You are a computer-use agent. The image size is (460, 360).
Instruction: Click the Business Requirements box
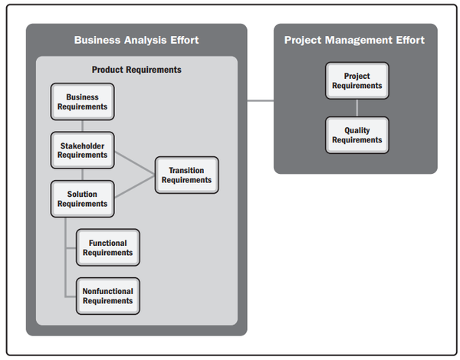[83, 101]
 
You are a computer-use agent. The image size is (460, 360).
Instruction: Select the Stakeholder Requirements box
[83, 150]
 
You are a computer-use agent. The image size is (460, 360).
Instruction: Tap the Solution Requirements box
[83, 198]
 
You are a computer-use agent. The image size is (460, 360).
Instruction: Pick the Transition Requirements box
[187, 175]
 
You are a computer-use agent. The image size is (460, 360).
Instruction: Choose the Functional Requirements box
[108, 247]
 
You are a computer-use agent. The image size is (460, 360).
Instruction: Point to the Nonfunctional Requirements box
[108, 296]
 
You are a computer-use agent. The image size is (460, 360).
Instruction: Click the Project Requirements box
[357, 80]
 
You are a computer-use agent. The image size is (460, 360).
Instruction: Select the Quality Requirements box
[357, 135]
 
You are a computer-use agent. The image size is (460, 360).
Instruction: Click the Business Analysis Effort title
[136, 40]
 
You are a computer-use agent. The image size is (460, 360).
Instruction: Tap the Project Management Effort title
[354, 40]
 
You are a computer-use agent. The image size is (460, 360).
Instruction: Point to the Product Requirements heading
[136, 70]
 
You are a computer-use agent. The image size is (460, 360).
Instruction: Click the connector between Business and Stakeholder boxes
[83, 126]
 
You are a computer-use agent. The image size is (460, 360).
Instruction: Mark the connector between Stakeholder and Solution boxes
[83, 175]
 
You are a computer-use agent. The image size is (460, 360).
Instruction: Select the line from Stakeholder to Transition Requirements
[135, 163]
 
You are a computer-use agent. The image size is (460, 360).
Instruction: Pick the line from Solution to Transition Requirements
[135, 186]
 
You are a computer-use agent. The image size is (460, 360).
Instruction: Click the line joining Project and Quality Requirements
[357, 108]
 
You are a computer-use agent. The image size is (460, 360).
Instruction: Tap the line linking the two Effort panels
[261, 101]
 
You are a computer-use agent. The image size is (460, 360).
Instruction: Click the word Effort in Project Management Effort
[410, 40]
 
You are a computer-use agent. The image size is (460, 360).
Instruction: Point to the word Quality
[357, 130]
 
